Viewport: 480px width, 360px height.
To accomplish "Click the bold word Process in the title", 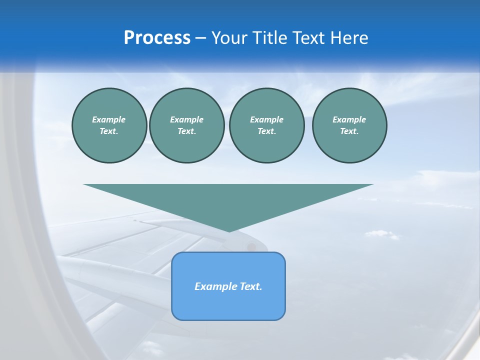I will click(157, 38).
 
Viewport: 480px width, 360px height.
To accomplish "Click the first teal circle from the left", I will click(109, 125).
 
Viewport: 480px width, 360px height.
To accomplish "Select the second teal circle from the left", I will click(186, 125).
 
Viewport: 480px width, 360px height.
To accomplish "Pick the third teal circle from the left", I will click(266, 125).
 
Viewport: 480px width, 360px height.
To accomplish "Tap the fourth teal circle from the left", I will click(349, 125).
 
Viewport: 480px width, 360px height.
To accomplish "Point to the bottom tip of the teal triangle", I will click(229, 231).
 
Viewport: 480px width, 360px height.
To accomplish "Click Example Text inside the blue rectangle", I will click(228, 286).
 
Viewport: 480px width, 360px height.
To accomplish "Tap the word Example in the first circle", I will click(109, 119).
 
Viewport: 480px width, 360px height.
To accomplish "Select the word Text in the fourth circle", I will click(349, 131).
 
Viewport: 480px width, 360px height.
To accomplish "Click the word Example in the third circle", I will click(266, 119).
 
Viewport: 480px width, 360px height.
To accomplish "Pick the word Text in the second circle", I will click(186, 131).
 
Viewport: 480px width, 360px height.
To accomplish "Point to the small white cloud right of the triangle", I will click(381, 233).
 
